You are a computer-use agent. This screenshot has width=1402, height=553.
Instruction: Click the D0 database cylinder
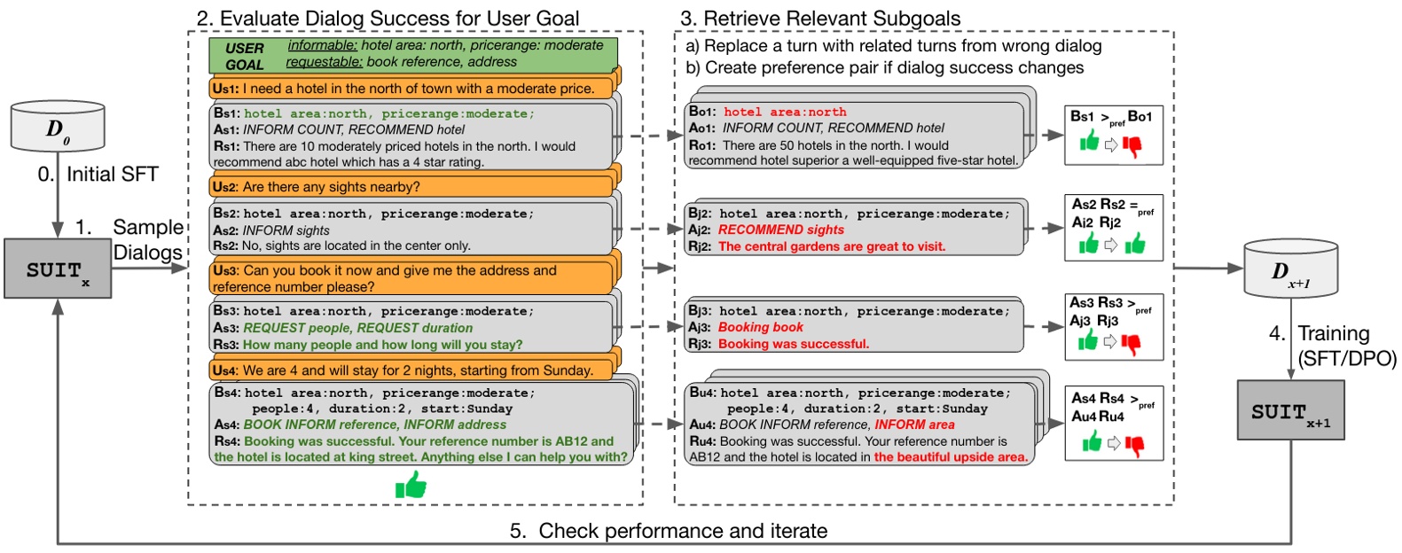[x=58, y=127]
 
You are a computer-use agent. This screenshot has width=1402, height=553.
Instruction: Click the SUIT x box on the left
[x=58, y=269]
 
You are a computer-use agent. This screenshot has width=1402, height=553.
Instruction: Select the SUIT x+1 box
[x=1290, y=410]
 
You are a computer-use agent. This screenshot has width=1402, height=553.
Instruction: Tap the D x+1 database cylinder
[x=1290, y=269]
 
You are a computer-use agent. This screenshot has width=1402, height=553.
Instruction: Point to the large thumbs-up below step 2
[x=411, y=485]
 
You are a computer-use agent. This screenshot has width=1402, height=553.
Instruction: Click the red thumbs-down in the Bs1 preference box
[x=1132, y=145]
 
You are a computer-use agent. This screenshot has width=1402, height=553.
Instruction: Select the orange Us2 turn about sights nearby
[x=411, y=187]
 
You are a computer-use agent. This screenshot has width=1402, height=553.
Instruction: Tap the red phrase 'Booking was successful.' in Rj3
[x=793, y=344]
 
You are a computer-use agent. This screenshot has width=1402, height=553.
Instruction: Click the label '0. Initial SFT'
[x=98, y=175]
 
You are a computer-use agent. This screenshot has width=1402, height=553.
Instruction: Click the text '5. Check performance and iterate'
[x=669, y=531]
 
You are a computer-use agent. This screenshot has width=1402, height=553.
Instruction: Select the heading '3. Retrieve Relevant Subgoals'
[x=820, y=18]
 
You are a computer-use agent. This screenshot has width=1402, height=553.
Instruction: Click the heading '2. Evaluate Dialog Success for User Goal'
[x=388, y=18]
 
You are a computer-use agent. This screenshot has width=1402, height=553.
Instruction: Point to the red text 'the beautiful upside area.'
[x=951, y=457]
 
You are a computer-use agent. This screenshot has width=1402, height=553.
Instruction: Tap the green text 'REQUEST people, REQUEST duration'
[x=358, y=328]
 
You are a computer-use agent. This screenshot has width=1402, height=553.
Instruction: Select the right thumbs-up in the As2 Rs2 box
[x=1134, y=244]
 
